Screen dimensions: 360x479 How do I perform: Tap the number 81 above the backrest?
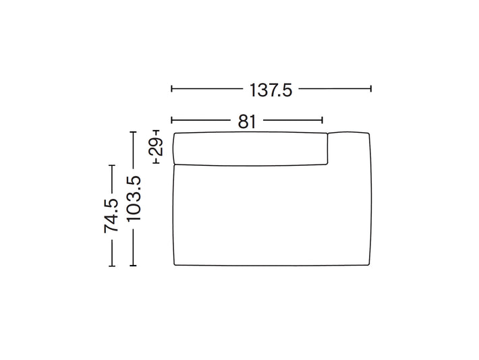point(247,121)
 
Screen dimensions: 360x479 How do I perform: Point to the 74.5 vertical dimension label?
point(112,216)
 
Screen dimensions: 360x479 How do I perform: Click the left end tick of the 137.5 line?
point(172,88)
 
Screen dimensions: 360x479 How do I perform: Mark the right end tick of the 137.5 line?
point(371,88)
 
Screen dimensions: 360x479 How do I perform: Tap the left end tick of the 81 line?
point(172,121)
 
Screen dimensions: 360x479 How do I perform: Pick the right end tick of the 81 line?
point(323,121)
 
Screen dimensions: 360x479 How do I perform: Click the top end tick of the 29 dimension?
point(156,130)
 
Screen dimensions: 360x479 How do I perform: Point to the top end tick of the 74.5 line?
point(112,164)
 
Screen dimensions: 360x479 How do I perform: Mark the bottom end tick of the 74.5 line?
point(112,266)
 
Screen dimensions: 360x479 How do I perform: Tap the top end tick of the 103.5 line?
point(134,131)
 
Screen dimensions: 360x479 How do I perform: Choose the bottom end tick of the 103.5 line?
point(134,266)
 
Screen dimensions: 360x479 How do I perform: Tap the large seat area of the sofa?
point(270,216)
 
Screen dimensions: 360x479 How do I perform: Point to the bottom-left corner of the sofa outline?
point(175,266)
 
